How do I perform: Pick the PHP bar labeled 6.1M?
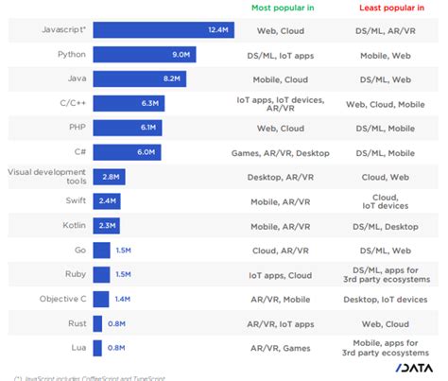[127, 127]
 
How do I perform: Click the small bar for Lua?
[97, 347]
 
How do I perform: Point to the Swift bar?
[107, 200]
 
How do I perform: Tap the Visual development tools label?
[47, 176]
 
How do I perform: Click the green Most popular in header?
[284, 8]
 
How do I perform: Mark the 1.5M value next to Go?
[123, 250]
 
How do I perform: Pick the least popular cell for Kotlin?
[386, 225]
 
